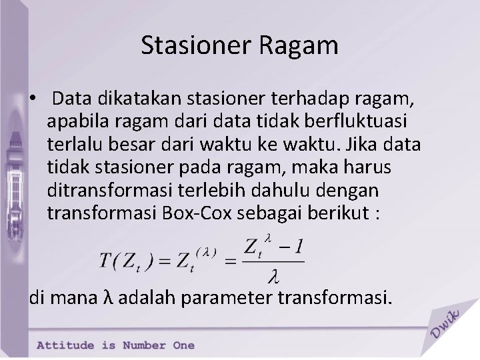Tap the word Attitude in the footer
pyautogui.click(x=67, y=345)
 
